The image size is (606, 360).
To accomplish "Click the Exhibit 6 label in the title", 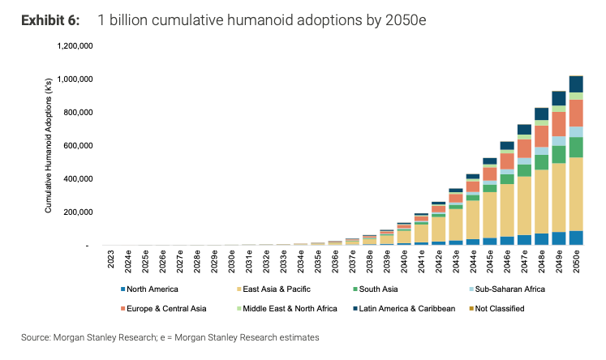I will (49, 19).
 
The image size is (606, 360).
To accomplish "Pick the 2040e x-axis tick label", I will (402, 264).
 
